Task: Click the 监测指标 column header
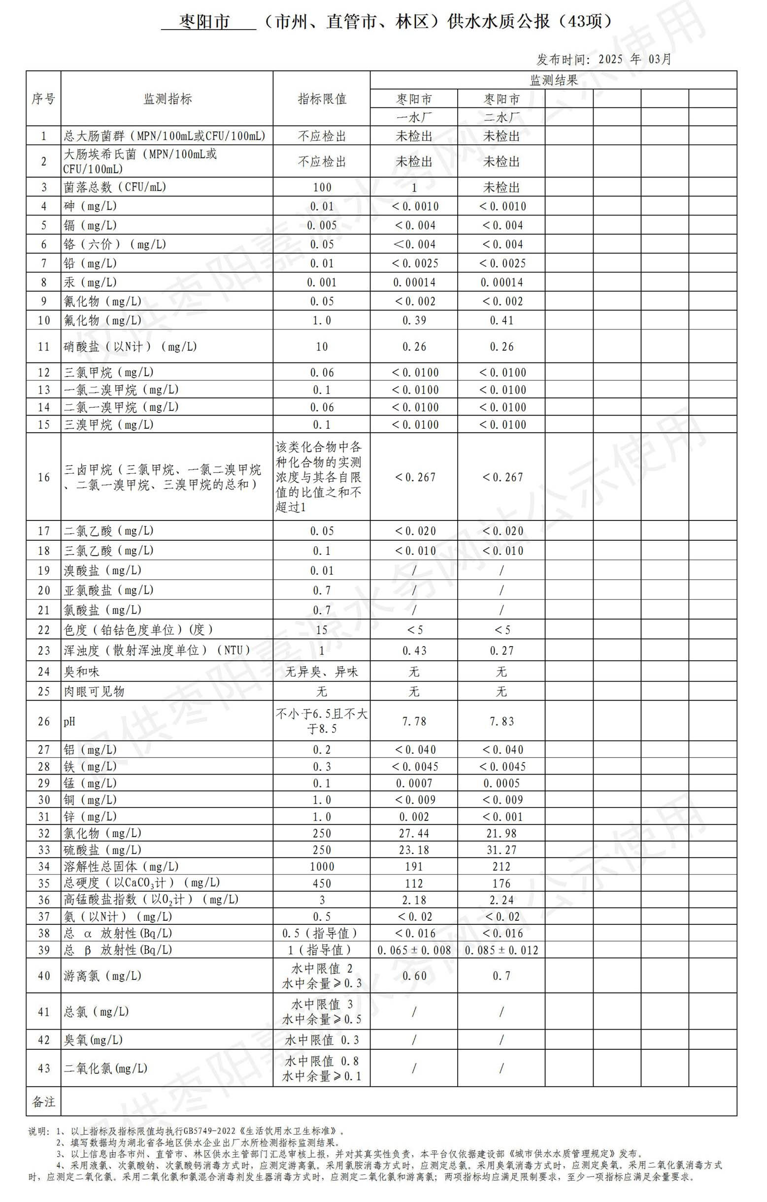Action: point(167,99)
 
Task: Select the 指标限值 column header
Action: point(322,99)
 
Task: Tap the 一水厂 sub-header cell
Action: point(414,117)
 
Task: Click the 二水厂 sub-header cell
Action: point(501,117)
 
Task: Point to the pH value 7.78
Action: point(414,721)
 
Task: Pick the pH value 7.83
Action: point(501,721)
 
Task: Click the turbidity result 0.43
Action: point(414,650)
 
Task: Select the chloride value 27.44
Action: point(414,833)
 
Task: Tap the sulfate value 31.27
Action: point(501,849)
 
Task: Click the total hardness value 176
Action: point(501,883)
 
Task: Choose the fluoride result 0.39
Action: point(414,321)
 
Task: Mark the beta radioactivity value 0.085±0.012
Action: point(501,950)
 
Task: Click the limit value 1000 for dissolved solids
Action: point(322,867)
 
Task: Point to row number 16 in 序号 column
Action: point(44,477)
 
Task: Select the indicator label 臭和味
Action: point(81,672)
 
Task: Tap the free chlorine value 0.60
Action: point(414,976)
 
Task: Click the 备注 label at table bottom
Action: point(43,1102)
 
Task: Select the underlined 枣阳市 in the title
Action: point(205,22)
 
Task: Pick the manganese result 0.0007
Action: point(414,783)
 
